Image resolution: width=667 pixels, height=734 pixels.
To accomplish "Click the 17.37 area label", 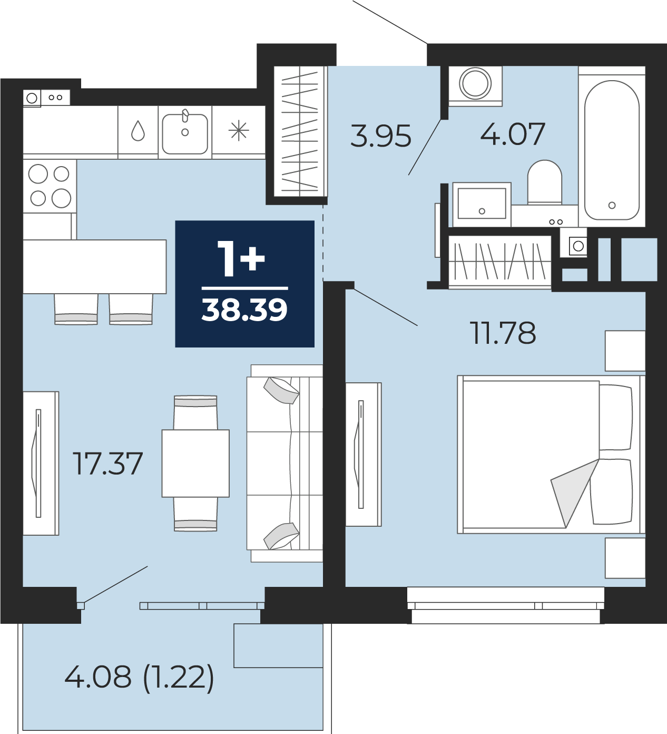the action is (107, 463).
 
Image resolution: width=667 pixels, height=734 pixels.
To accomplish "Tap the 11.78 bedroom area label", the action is (504, 333).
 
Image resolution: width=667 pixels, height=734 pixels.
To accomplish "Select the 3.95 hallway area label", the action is (381, 136).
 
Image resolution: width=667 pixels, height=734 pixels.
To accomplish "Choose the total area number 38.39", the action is (244, 310).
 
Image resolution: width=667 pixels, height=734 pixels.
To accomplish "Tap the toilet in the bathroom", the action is (544, 182).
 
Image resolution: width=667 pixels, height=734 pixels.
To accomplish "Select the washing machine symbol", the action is (475, 86).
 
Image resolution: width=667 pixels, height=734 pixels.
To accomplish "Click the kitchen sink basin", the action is (185, 134).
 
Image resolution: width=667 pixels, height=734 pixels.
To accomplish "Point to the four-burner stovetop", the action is (50, 187).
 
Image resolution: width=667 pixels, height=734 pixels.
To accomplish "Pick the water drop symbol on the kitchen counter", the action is (138, 131).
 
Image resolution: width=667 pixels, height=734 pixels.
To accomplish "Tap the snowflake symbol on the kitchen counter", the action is (239, 131).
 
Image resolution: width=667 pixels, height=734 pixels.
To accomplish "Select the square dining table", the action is (195, 463).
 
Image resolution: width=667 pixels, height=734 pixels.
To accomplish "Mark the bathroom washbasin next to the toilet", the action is (482, 205).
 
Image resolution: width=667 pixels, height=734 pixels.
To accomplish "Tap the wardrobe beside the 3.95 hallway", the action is (300, 132).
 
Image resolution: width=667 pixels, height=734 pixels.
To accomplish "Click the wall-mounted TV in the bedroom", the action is (364, 455).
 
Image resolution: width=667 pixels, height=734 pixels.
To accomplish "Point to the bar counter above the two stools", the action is (95, 266).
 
